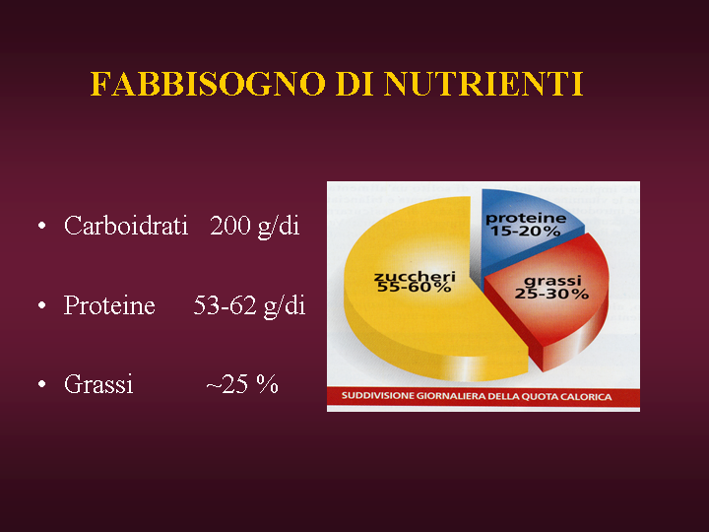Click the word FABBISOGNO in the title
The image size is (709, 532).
tap(208, 84)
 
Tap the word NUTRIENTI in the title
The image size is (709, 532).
tap(483, 84)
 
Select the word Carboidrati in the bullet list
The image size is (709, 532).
tap(126, 226)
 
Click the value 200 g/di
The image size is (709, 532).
tap(255, 227)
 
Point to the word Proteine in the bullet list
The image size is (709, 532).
tap(109, 305)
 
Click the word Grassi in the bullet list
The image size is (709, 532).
tap(98, 385)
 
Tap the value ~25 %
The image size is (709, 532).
tap(242, 384)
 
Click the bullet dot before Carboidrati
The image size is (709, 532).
tap(42, 226)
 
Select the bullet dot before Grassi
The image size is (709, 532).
tap(42, 384)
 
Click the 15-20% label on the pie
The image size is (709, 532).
tap(526, 232)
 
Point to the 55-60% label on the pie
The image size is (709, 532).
tap(414, 287)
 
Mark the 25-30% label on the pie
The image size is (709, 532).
tap(551, 294)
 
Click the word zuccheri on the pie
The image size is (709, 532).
tap(415, 276)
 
